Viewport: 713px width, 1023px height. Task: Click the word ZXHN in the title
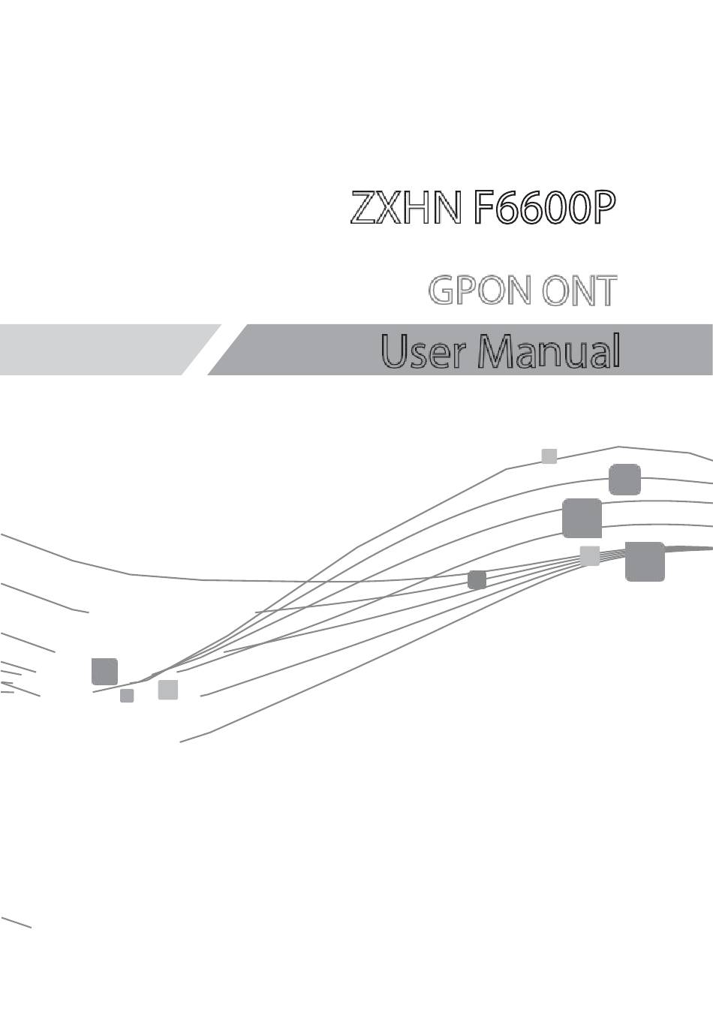(405, 207)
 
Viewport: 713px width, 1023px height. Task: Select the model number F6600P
(544, 207)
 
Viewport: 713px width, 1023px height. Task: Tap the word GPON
(479, 290)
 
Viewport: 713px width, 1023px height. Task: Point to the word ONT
(579, 290)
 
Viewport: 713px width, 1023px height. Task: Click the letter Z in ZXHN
(363, 207)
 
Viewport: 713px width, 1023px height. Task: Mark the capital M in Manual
(496, 351)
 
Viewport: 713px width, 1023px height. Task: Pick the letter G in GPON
(442, 290)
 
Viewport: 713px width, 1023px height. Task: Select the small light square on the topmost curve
(549, 456)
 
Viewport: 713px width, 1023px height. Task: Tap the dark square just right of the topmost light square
(625, 479)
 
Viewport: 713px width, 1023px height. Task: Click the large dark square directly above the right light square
(582, 519)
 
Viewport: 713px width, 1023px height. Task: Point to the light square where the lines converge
(590, 556)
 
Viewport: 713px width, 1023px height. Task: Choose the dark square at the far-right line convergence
(645, 561)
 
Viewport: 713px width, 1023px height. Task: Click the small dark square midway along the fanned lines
(477, 580)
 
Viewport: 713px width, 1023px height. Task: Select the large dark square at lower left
(104, 671)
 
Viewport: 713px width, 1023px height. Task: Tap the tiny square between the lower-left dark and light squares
(127, 696)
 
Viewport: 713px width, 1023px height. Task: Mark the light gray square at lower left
(168, 690)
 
